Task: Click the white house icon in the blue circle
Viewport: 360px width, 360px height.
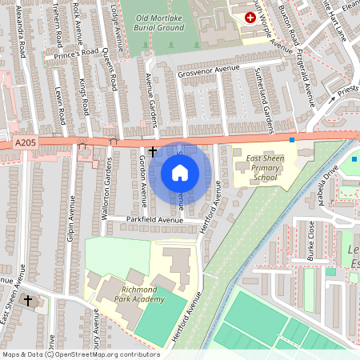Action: [x=180, y=172]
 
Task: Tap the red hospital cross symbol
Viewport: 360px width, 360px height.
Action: [x=250, y=17]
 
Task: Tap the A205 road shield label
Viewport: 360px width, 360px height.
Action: [x=26, y=142]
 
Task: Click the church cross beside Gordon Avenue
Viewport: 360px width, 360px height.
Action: [x=153, y=150]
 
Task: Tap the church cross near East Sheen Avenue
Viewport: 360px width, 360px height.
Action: [x=29, y=300]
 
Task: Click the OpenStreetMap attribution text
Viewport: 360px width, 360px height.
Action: [x=81, y=354]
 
